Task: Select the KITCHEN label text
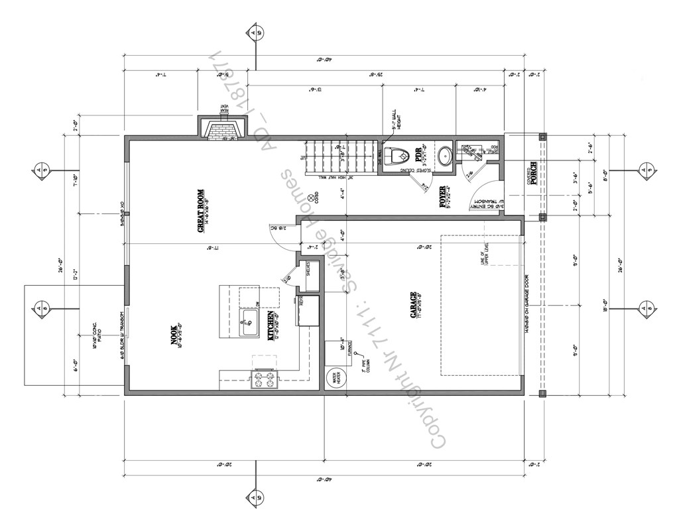coord(271,327)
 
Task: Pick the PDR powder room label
coord(418,155)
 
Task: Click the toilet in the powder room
coord(398,156)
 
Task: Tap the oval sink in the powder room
coord(445,155)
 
